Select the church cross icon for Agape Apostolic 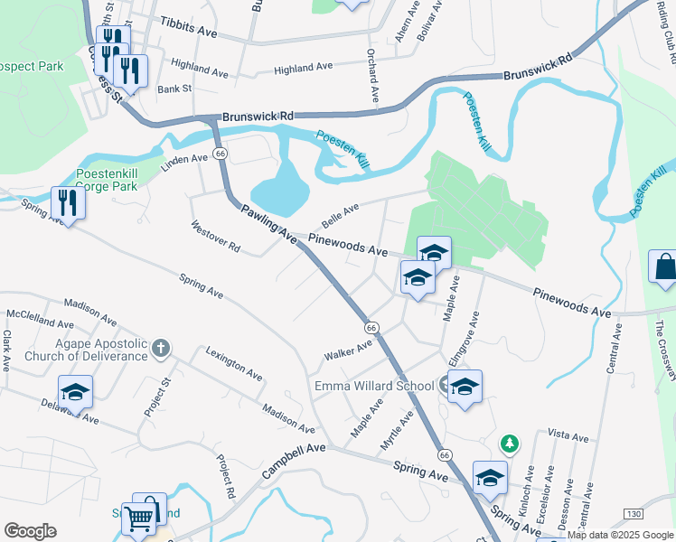point(160,347)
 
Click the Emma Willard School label point(374,387)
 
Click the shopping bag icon point(664,267)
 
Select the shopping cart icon point(137,519)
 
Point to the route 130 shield point(633,514)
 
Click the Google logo point(30,531)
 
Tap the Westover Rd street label point(215,234)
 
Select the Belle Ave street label point(340,216)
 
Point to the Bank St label point(174,89)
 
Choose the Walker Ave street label point(349,353)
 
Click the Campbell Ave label point(293,461)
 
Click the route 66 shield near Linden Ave point(220,154)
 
